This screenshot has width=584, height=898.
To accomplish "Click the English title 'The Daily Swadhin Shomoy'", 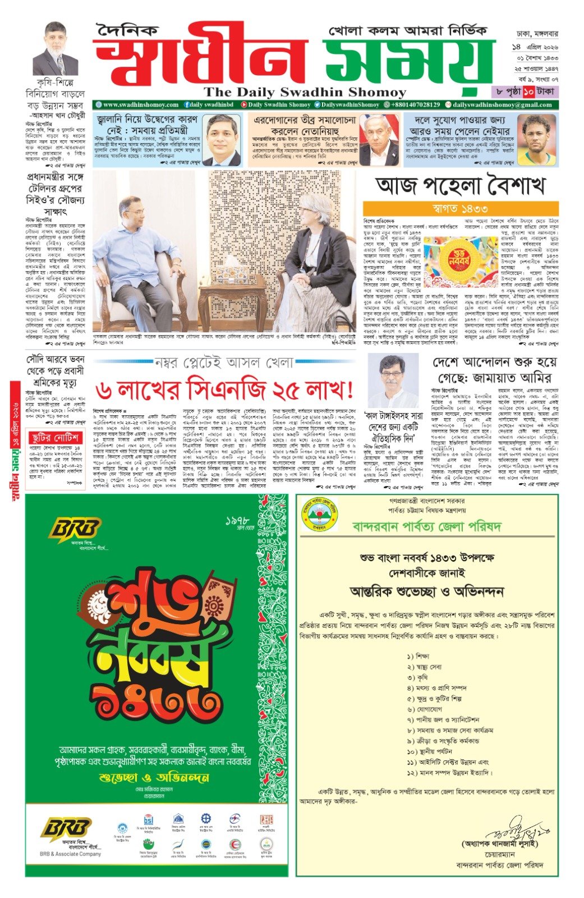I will [305, 92].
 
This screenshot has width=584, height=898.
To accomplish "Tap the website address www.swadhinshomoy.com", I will [140, 105].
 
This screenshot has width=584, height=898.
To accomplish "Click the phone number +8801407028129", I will [415, 105].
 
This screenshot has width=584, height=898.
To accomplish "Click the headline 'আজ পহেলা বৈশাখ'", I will [460, 186].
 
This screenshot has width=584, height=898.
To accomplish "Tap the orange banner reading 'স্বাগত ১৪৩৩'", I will [460, 209].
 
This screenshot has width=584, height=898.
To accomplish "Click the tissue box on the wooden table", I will [230, 275].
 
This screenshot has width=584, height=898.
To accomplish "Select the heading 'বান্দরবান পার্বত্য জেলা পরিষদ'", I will [426, 526].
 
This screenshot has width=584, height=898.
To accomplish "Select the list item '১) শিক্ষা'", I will [419, 656].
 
